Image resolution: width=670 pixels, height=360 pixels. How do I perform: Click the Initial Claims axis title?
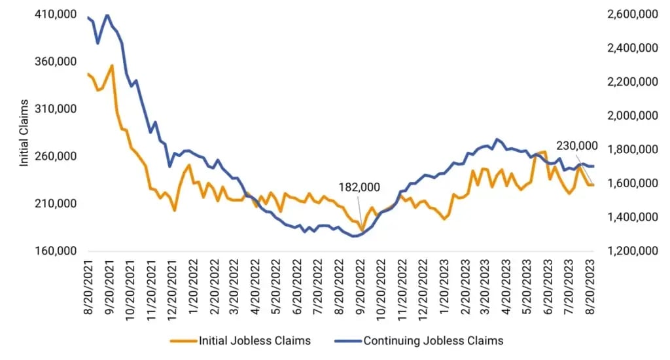point(24,133)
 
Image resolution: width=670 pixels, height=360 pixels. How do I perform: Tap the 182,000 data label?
point(360,188)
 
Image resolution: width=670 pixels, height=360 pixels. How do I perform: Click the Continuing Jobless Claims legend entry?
point(434,341)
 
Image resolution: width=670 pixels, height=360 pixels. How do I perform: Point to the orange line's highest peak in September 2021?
point(113,65)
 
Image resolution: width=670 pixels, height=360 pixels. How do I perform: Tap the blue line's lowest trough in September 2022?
point(355,236)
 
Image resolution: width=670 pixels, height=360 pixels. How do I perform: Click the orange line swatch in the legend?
point(183,341)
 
